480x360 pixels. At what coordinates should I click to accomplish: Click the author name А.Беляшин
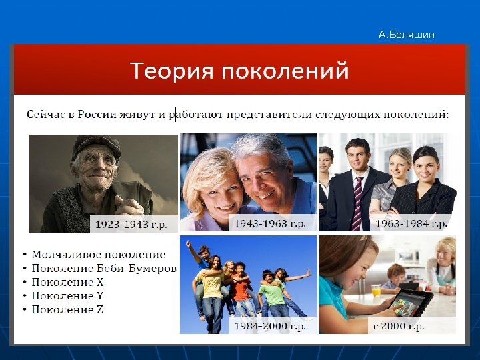click(x=406, y=35)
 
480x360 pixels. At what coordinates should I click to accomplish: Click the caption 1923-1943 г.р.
click(x=131, y=224)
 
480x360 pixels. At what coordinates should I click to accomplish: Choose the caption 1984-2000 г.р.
click(x=269, y=326)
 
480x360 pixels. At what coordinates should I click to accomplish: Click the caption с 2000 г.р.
click(x=399, y=326)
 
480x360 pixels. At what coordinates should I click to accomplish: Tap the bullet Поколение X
click(x=68, y=282)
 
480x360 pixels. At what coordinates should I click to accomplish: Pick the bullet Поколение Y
click(x=68, y=296)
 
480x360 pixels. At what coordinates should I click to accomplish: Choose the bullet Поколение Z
click(x=68, y=309)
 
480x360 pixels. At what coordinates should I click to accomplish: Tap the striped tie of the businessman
click(x=358, y=194)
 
